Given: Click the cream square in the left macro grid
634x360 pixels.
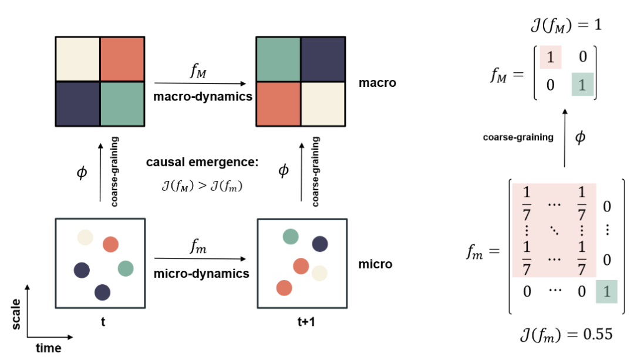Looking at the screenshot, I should pos(77,59).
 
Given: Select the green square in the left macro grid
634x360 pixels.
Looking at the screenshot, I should pos(122,103).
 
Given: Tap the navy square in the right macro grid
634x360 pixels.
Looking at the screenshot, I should pos(323,59).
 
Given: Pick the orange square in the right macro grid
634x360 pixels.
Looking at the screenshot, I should pos(278,103).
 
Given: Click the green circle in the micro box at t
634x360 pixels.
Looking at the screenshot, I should pos(126,268).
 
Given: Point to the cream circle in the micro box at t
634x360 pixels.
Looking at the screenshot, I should pos(85,237).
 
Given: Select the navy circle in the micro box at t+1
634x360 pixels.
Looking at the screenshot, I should pos(319,243).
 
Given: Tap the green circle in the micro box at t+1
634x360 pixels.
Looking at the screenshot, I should pos(290,237).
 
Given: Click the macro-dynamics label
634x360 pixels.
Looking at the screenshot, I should pos(203,96).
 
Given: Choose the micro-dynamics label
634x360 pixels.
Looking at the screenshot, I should pos(202,274).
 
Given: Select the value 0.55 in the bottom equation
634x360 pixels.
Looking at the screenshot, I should pos(597,334).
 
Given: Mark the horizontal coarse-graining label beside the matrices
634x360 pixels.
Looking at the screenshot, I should pos(518,137).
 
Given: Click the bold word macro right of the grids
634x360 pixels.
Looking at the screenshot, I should pos(377,83).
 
